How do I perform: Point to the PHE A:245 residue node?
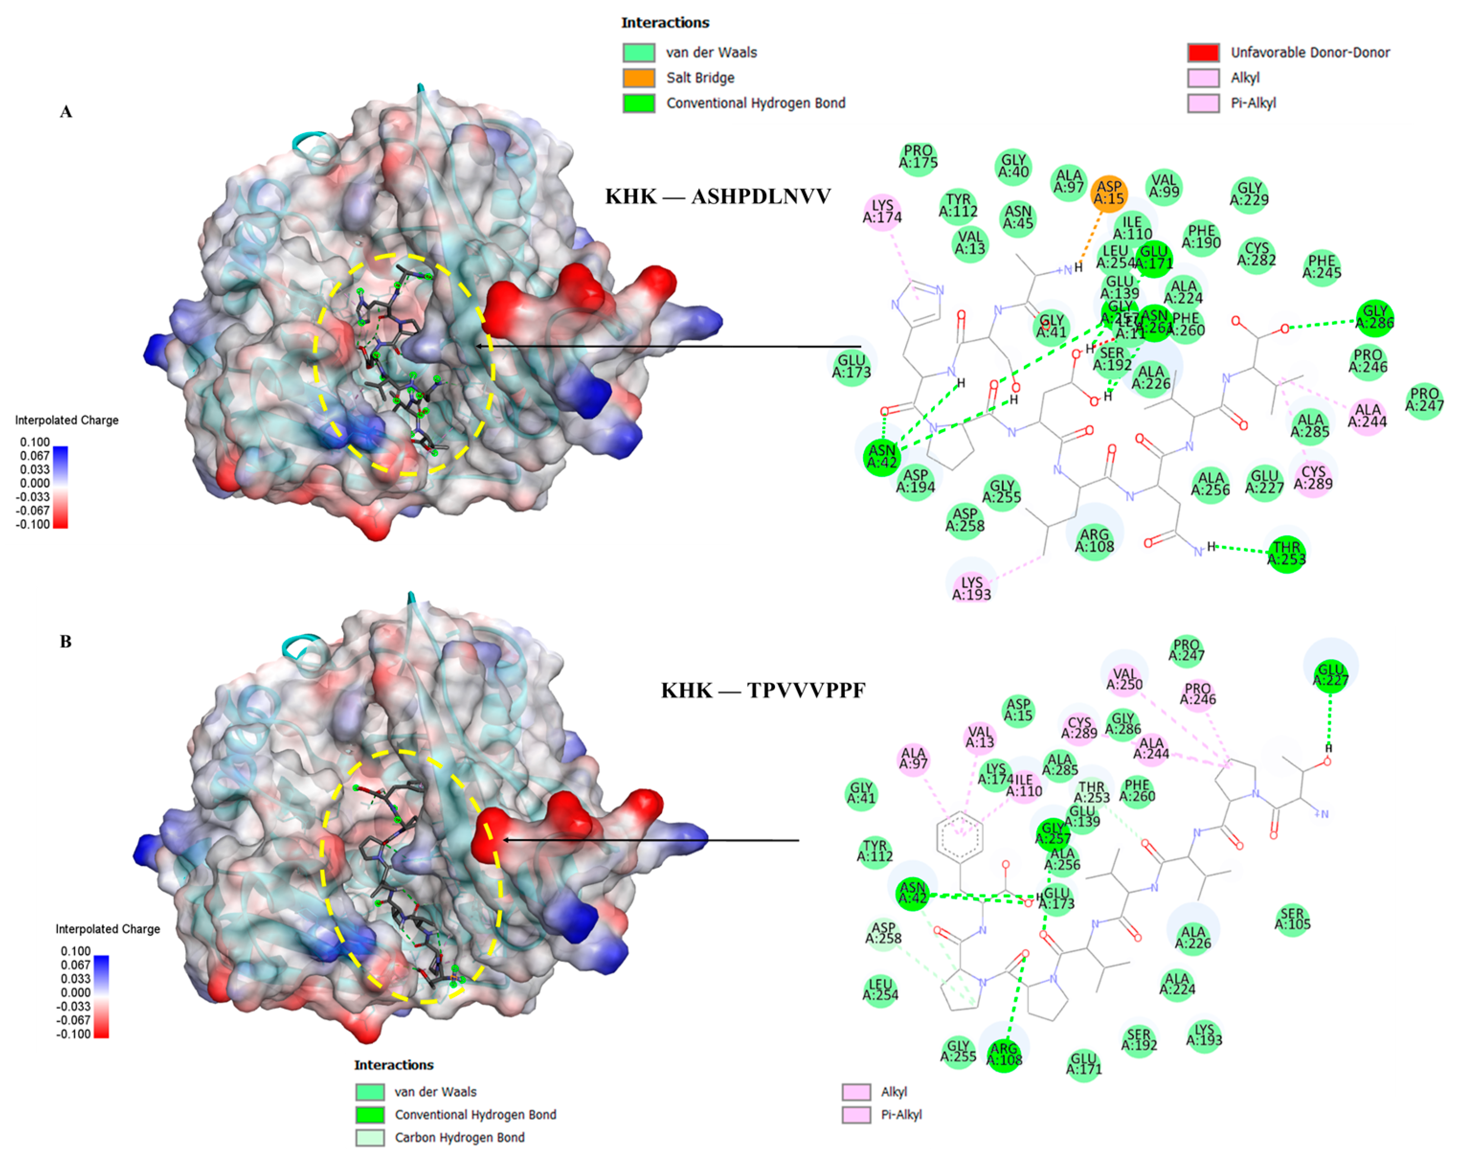click(1321, 267)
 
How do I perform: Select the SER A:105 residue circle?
click(1292, 919)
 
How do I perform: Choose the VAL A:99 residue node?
click(1164, 186)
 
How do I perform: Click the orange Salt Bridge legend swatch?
click(639, 78)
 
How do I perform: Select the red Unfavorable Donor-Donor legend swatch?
click(1204, 52)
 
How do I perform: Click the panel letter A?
click(66, 112)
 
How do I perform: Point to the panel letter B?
click(66, 641)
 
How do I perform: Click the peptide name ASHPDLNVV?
click(761, 197)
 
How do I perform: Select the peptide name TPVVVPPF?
click(806, 690)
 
